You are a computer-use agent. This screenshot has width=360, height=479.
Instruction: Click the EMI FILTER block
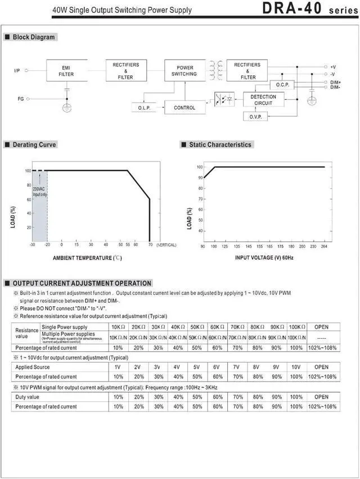[66, 70]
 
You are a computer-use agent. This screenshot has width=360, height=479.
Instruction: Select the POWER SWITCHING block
[184, 71]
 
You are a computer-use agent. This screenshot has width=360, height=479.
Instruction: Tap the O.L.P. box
[145, 108]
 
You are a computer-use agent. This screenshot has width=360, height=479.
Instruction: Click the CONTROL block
[184, 108]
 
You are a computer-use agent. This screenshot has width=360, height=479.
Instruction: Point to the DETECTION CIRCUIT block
[263, 100]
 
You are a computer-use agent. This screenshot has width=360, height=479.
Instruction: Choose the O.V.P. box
[255, 116]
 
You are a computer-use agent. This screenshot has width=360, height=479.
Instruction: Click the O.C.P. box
[281, 84]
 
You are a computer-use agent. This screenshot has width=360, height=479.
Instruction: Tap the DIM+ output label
[335, 82]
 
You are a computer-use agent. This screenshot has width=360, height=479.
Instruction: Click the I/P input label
[17, 71]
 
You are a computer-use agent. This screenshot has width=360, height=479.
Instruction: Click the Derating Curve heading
[34, 145]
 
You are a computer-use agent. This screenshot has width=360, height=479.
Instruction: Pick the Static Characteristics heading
[220, 145]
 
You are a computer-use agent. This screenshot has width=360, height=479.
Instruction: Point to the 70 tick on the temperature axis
[150, 245]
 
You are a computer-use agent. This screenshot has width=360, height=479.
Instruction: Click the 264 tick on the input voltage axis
[325, 246]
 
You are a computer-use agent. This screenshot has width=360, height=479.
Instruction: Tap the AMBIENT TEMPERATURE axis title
[87, 258]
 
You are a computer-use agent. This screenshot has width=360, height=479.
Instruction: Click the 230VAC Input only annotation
[39, 191]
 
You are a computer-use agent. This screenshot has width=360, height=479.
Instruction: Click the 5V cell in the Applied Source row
[197, 367]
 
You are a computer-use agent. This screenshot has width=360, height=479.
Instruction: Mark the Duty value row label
[27, 397]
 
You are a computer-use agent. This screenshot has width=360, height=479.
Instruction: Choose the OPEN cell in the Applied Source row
[321, 367]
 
